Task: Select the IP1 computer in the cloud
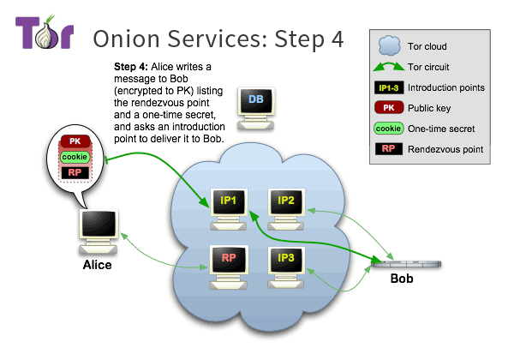coord(229,207)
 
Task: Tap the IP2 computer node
coord(286,206)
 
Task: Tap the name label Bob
coord(402,280)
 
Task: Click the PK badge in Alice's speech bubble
coord(74,141)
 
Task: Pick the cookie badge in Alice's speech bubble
coord(74,157)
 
